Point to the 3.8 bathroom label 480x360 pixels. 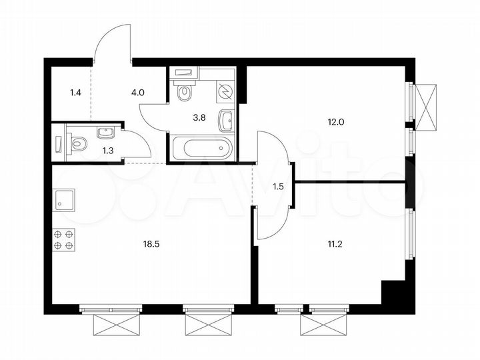199,117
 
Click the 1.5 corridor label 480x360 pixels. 278,187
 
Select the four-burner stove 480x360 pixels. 64,239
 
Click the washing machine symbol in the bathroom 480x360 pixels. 225,93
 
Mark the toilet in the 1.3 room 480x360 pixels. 75,142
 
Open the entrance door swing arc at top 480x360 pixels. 110,41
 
